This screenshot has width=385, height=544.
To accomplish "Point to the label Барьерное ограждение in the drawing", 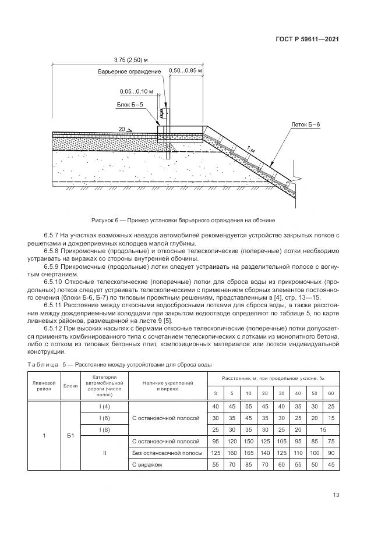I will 129,72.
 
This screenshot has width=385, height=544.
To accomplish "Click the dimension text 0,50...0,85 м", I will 185,71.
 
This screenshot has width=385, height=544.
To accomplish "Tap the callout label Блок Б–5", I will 129,105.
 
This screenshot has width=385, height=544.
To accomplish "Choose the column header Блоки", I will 71,386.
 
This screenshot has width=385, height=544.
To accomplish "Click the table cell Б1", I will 71,435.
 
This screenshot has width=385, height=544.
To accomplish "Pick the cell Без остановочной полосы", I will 168,453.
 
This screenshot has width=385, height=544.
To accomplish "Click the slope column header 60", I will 331,393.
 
